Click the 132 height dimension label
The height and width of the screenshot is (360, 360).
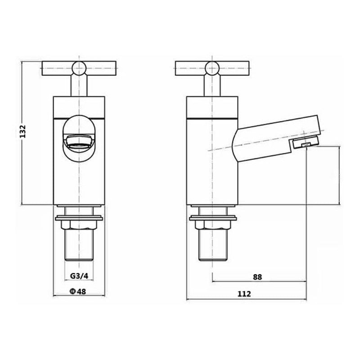(x=26, y=132)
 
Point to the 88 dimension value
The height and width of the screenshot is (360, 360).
(x=257, y=277)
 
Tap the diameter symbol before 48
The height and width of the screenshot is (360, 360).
(x=72, y=291)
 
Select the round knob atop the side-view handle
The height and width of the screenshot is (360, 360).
(x=211, y=67)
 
